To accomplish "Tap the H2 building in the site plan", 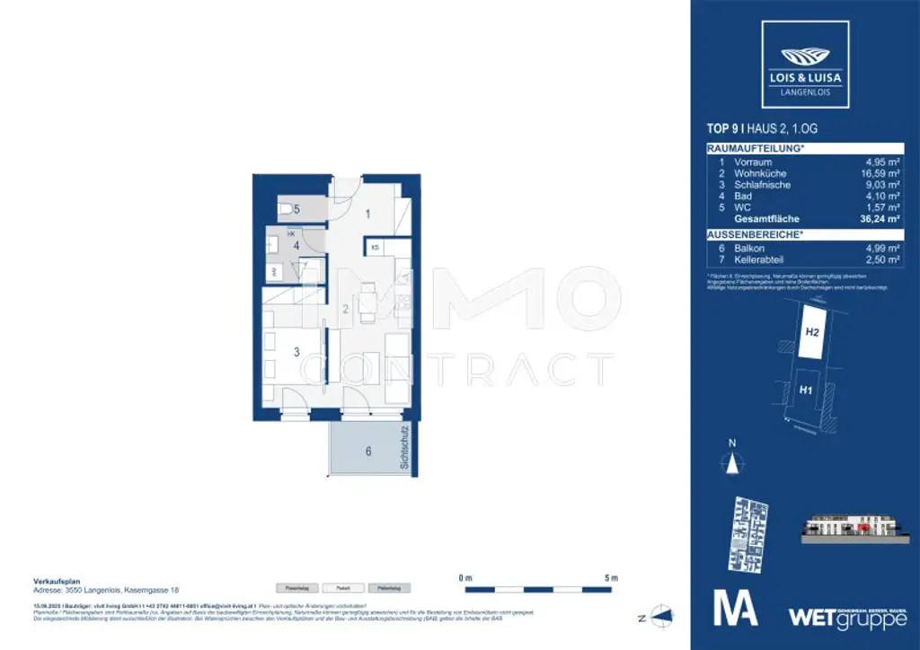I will (x=811, y=332).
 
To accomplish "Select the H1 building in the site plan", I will (x=806, y=391).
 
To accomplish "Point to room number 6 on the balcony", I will (x=368, y=452).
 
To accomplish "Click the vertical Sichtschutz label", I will (x=405, y=449).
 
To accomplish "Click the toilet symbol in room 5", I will (x=287, y=209).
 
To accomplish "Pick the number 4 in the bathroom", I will (x=296, y=244).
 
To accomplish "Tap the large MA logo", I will (x=735, y=608).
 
